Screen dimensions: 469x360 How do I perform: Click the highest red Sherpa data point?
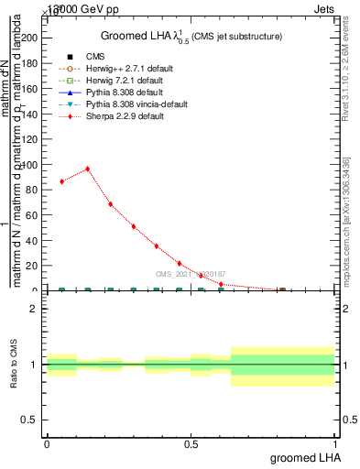click(x=88, y=169)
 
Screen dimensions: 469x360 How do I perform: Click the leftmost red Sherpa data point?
click(x=61, y=181)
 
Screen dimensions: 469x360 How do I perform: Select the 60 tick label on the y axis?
click(x=32, y=215)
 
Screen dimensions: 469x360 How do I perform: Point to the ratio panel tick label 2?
click(x=34, y=310)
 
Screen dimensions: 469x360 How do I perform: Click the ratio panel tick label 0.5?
click(x=30, y=420)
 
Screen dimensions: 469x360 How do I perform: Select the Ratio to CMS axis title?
click(x=14, y=365)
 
